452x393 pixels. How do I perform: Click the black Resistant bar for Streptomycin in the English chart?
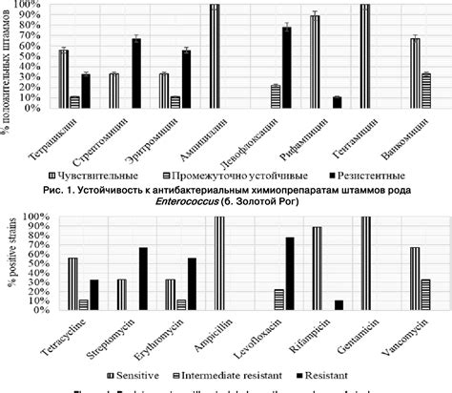click(142, 278)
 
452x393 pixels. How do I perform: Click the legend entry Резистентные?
click(361, 176)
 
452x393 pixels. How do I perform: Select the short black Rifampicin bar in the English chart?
click(339, 304)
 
